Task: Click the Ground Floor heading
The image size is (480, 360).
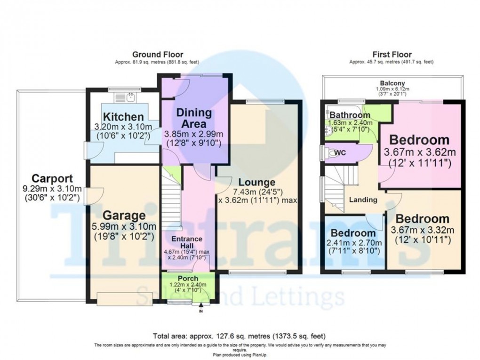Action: (158, 55)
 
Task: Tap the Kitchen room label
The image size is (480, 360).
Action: (123, 117)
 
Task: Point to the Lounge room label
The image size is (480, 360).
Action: (256, 182)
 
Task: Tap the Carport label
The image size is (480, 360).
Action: (52, 179)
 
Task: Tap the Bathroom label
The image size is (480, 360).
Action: (350, 115)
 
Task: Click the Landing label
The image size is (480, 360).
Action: (363, 200)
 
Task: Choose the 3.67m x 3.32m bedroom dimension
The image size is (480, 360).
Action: (422, 230)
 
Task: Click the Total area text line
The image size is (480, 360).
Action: (239, 336)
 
